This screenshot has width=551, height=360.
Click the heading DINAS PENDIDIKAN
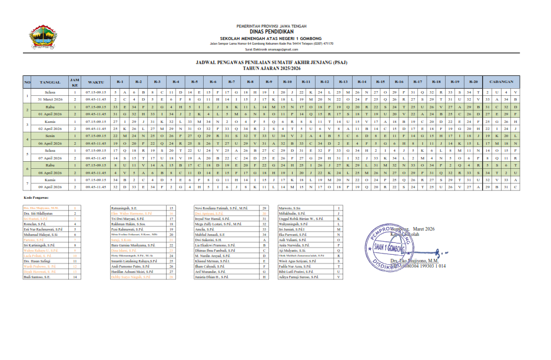[x=273, y=32]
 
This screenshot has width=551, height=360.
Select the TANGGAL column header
[x=50, y=82]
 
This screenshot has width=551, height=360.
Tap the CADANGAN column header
[x=500, y=82]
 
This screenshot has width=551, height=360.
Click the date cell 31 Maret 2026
[x=50, y=99]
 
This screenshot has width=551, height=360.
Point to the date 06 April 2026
[x=50, y=143]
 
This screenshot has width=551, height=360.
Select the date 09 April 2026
[x=50, y=186]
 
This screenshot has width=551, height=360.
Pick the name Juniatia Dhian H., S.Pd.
[x=211, y=277]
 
